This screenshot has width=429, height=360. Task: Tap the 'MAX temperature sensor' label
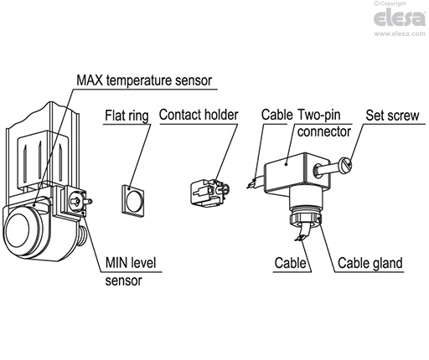pyautogui.click(x=143, y=80)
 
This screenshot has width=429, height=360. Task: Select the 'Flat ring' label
pyautogui.click(x=127, y=116)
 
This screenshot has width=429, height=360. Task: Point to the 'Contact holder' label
pyautogui.click(x=199, y=115)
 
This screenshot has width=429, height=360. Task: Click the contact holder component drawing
pyautogui.click(x=206, y=193)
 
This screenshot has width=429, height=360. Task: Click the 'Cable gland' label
pyautogui.click(x=370, y=263)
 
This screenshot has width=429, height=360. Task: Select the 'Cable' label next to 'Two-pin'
pyautogui.click(x=276, y=115)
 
